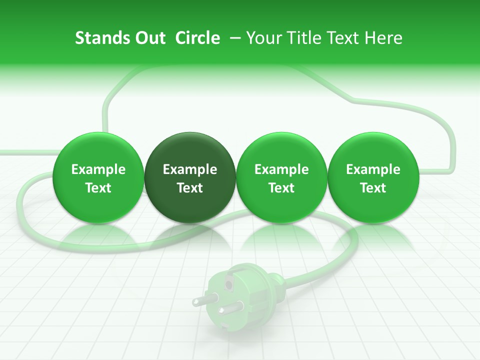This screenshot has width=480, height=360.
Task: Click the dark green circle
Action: [190, 178]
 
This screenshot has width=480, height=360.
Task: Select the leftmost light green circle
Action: [98, 178]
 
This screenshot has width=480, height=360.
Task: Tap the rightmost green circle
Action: [373, 178]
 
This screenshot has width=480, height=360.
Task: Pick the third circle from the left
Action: [281, 178]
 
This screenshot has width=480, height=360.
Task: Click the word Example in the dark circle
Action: [190, 169]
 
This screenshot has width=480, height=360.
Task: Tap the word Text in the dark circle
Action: [190, 188]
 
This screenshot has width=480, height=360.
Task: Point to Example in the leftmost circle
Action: [98, 169]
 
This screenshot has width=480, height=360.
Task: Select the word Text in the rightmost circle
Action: [373, 188]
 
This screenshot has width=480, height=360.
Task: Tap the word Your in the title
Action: [262, 38]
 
